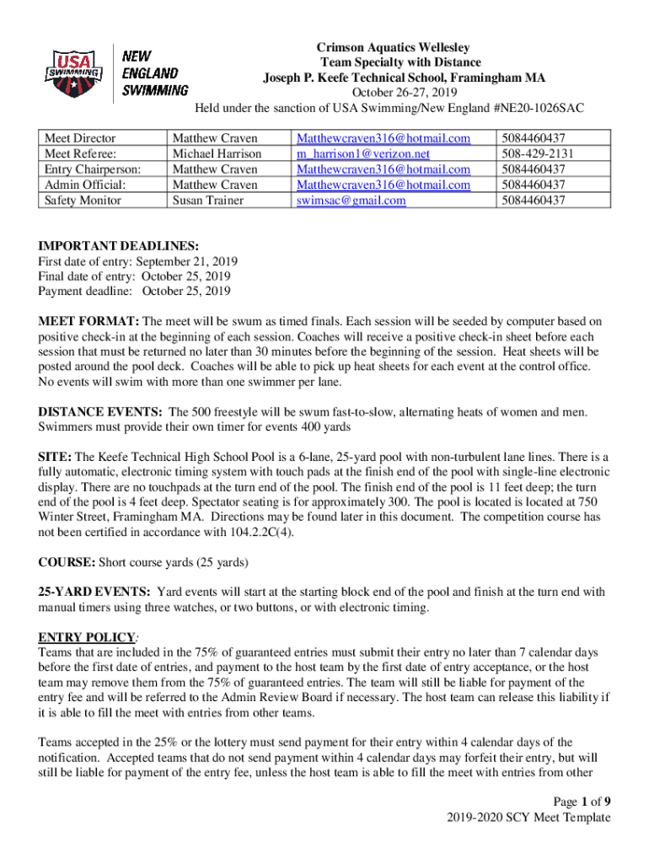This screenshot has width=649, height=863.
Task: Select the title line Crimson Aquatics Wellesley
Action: tap(393, 47)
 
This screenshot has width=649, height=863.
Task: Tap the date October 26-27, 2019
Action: tap(393, 93)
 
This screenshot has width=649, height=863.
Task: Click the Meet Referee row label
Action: tap(81, 153)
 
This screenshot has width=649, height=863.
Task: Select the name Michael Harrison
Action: tap(217, 153)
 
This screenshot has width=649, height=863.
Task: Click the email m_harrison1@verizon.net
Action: tap(363, 153)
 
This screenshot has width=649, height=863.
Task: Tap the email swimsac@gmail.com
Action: tap(351, 200)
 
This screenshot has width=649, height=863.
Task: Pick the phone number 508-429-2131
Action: tap(537, 153)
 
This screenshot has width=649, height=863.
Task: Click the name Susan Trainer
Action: tap(209, 200)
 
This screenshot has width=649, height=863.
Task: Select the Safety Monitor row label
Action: tap(83, 200)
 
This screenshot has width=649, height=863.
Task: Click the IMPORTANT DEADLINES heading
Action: tap(118, 246)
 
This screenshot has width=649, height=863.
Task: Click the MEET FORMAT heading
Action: tap(88, 321)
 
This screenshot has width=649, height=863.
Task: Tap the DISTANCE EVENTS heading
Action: tap(100, 412)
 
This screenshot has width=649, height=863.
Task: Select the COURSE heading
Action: tap(67, 561)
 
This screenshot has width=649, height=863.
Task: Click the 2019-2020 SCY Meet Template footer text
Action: tap(529, 817)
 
